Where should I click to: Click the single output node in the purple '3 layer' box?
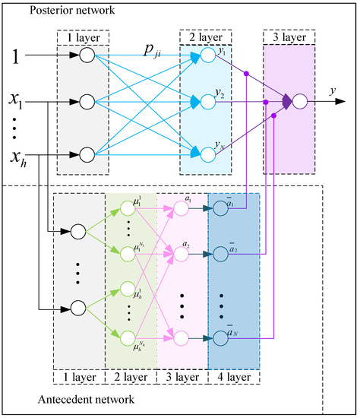coord(301,100)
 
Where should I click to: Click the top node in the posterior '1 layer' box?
coord(86,56)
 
